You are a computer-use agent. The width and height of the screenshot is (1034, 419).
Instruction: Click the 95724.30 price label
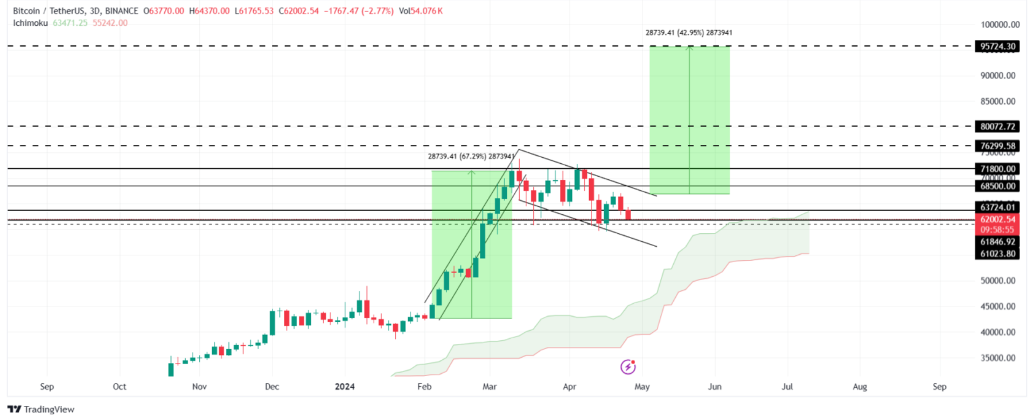pos(997,46)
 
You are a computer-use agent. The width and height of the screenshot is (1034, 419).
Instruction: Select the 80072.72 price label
pos(997,127)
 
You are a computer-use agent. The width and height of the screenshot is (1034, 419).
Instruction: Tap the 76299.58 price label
pos(997,146)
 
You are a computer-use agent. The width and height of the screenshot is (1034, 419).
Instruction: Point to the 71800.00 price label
pos(997,169)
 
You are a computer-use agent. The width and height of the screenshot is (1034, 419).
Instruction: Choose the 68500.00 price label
pos(997,186)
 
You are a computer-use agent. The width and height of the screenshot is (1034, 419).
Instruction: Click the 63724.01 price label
pos(997,207)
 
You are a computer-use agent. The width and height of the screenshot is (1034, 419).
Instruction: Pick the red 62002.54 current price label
pos(997,220)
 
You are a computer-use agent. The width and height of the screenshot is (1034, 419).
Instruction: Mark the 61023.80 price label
pos(997,254)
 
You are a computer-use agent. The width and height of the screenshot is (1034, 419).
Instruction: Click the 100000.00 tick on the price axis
pos(1000,25)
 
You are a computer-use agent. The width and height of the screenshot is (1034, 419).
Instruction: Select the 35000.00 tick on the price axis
pos(997,358)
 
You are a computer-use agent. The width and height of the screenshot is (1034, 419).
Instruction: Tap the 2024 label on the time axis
pos(345,387)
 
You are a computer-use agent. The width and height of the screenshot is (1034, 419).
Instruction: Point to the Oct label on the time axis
pos(120,387)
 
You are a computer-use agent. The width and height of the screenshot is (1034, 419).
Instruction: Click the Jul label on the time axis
pos(787,387)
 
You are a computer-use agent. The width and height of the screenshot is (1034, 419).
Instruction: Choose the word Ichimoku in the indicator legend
pos(31,23)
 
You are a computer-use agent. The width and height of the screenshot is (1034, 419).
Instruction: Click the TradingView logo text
pos(49,409)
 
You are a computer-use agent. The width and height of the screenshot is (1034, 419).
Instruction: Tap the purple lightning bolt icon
pos(628,367)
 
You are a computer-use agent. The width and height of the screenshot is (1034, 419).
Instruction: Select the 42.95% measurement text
pos(690,33)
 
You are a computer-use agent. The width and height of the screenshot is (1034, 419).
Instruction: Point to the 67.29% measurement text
pos(472,157)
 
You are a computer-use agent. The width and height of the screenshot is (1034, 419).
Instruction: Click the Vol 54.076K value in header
pos(421,11)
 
